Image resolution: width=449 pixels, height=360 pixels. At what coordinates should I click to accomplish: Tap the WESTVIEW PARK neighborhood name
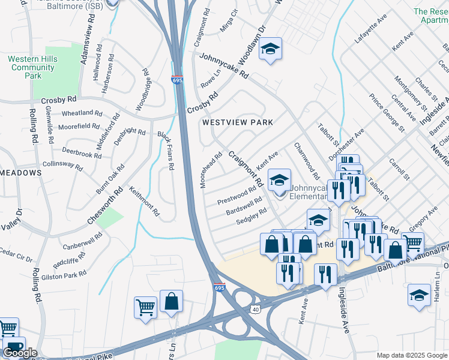[x=237, y=122]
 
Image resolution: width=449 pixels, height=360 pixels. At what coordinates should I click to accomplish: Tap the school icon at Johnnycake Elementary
[x=279, y=179]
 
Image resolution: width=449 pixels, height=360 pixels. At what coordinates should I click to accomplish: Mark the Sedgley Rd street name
[x=251, y=216]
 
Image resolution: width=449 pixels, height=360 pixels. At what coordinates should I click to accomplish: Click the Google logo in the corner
[x=20, y=353]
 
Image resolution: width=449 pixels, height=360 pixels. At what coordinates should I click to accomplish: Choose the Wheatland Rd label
[x=77, y=113]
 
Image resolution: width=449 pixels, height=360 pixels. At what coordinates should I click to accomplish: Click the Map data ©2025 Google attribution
[x=411, y=355]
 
